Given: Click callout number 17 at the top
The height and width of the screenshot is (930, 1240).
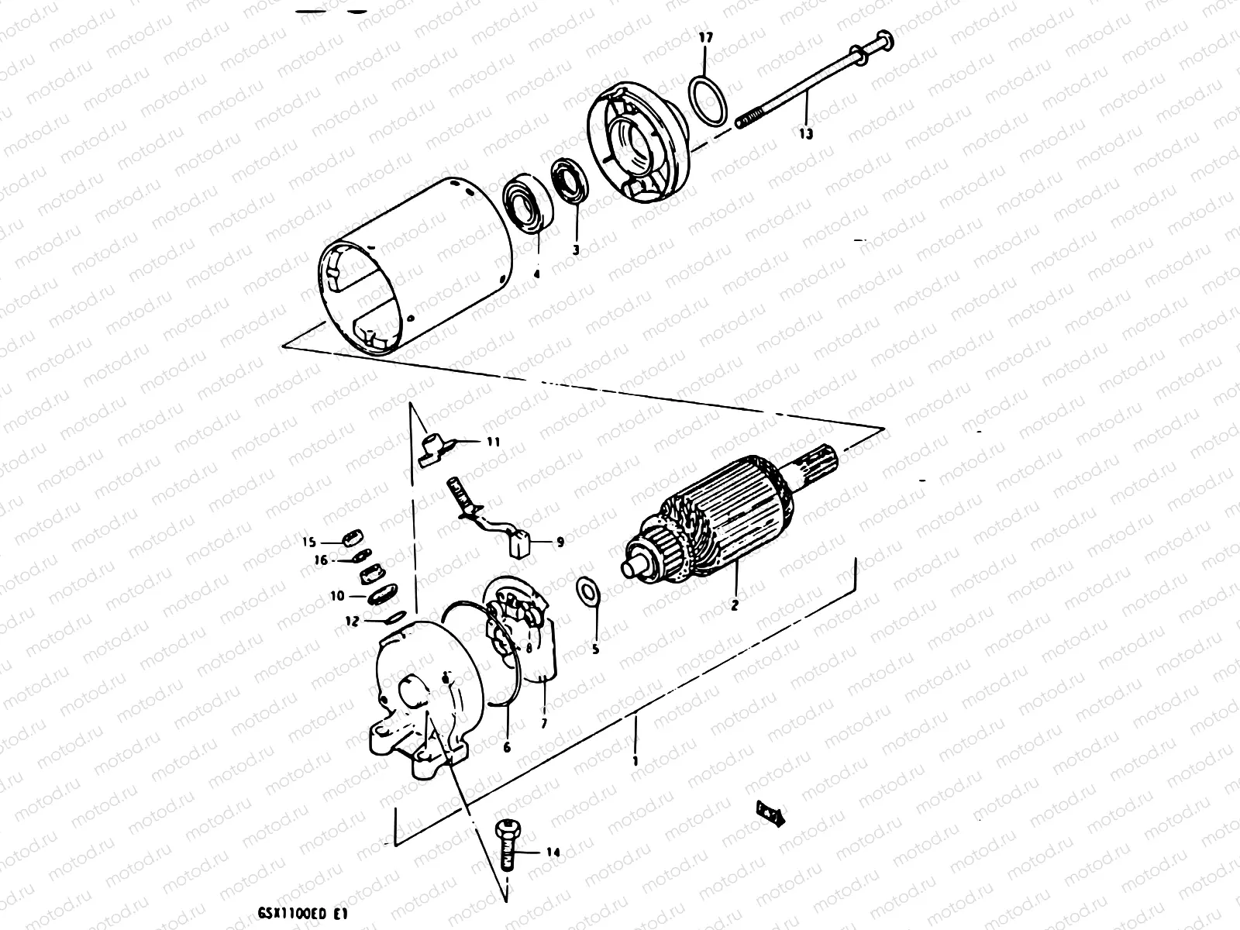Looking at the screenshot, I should tap(704, 37).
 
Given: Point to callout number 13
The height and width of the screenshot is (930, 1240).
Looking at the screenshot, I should tap(806, 133).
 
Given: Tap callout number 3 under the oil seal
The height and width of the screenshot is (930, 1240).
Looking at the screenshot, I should tap(576, 250).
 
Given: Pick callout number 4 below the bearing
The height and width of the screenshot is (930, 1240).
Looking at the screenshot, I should tap(537, 273).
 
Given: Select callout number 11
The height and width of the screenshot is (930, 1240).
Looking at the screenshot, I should tap(493, 442).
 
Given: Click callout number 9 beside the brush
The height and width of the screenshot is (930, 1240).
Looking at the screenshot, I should tap(560, 542).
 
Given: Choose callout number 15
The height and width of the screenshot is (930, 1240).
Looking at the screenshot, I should tap(309, 541).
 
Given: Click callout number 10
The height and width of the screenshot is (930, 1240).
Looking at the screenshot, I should tap(336, 596).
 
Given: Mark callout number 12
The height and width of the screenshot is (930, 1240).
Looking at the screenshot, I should tap(351, 620).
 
